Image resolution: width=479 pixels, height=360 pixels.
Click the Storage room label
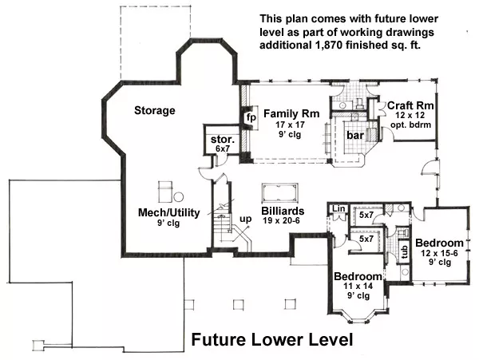coord(155,110)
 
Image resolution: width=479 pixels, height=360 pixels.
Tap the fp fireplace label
coord(251,117)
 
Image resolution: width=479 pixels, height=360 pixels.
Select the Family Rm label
coord(291,113)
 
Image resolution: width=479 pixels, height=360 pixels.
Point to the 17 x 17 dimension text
coord(290,125)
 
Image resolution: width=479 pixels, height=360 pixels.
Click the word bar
coord(355,135)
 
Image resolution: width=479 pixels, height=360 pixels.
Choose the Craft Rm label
coord(410,105)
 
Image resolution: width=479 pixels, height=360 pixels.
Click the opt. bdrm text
coord(410,125)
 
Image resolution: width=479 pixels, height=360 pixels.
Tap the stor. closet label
coord(223,140)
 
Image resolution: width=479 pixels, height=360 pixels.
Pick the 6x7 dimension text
coord(223,148)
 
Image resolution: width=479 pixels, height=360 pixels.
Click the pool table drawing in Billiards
coord(280,193)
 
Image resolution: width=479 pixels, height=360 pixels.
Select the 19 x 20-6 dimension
coord(281,220)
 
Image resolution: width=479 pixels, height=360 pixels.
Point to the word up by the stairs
coord(246,219)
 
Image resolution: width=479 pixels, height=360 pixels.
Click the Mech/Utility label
coord(169,212)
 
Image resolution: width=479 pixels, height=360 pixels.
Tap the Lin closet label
coord(338,208)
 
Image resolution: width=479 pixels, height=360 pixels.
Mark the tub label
coord(405,252)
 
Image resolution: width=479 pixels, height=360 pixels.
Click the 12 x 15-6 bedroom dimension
coord(439,253)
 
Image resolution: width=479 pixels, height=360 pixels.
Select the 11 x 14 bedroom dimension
coord(358,286)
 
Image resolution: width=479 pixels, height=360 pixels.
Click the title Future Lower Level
coord(272,339)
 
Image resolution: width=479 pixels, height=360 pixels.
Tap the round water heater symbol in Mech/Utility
coord(178,197)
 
